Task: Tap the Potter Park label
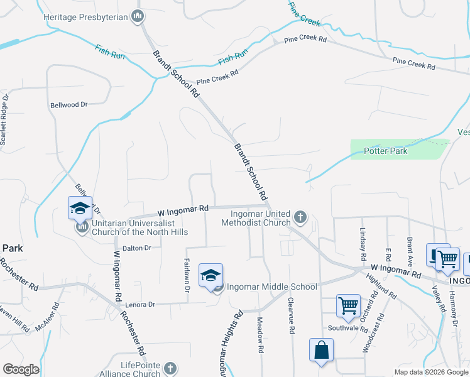pos(386,151)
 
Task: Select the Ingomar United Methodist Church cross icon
pos(300,217)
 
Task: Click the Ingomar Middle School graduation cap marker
pos(210,276)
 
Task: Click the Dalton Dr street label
pos(138,248)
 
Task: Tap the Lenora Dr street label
pos(139,304)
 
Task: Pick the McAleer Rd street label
pos(48,317)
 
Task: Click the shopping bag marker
pos(321,351)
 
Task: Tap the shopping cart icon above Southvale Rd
pos(348,306)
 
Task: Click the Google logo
pos(21,369)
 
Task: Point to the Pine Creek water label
pos(305,17)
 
